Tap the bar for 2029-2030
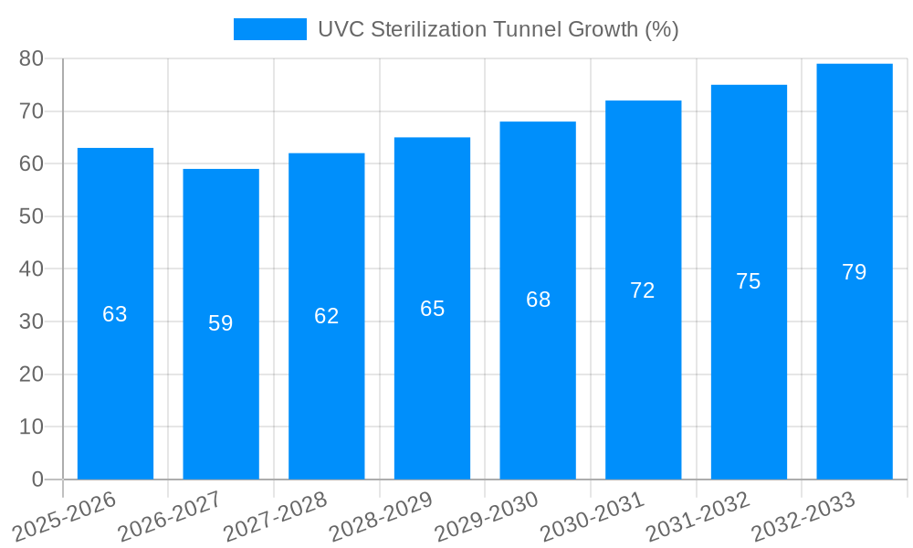[x=538, y=384]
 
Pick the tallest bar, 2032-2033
[x=855, y=365]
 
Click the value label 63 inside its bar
[x=115, y=314]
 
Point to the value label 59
[x=221, y=323]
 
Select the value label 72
[x=643, y=290]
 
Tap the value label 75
[x=749, y=281]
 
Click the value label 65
[x=432, y=309]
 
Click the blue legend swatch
[x=269, y=29]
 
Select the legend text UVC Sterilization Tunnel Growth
[x=498, y=29]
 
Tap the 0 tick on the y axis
[x=37, y=479]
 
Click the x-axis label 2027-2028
[x=276, y=517]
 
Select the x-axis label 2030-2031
[x=593, y=517]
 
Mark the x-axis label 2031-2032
[x=698, y=517]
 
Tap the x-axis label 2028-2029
[x=382, y=517]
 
